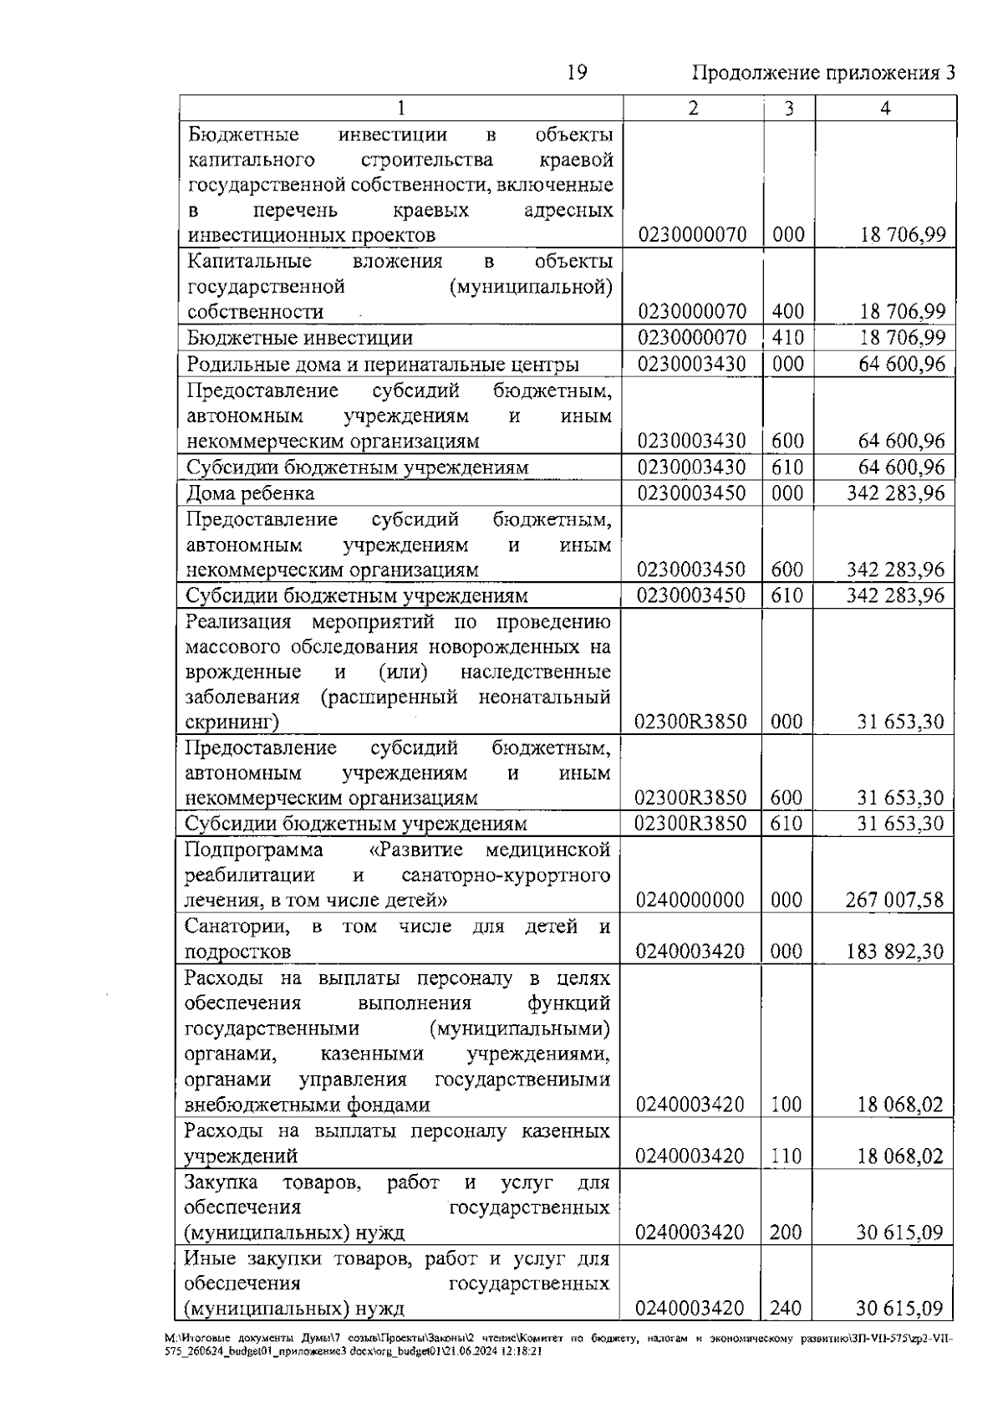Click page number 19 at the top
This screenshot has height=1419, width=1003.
coord(577,73)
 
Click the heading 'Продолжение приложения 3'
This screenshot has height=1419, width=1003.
coord(823,74)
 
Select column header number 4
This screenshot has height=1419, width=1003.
coord(886,108)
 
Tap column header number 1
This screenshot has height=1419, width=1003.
coord(401,108)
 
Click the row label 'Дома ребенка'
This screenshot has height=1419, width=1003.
coord(250,493)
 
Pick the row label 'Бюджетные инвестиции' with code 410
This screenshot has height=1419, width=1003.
coord(299,338)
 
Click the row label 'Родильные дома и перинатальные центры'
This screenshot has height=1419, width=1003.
coord(382,365)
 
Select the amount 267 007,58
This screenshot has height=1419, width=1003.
coord(894,901)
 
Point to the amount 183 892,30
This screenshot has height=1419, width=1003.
coord(894,952)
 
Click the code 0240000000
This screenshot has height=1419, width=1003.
coord(690,901)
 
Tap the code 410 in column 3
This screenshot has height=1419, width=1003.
coord(787,338)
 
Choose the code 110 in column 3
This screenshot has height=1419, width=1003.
coord(786,1156)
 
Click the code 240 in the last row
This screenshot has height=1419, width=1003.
coord(786,1309)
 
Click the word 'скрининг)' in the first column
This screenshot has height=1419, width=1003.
coord(232,722)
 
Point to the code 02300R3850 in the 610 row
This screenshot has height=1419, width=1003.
coord(690,824)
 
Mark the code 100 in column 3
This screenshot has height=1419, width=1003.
coord(786,1105)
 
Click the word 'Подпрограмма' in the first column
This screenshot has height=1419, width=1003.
coord(253,850)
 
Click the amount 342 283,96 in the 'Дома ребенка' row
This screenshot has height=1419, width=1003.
coord(894,493)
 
